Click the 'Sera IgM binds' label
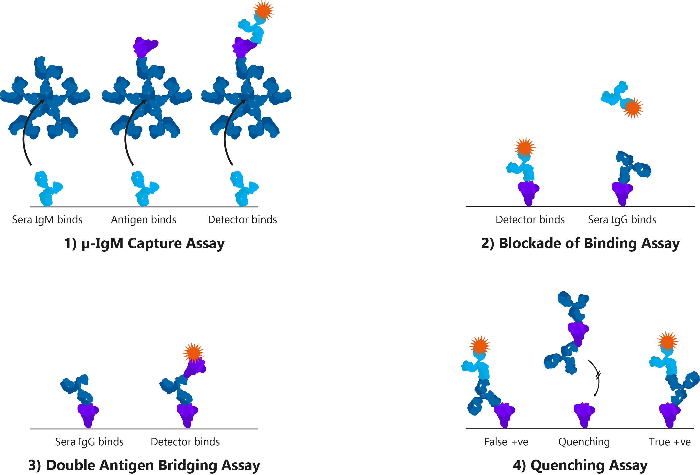coord(47,220)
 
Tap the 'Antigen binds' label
coord(144,220)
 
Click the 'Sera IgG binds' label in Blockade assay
coord(622,220)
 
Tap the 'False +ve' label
coord(506,442)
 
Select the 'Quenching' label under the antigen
coord(584,442)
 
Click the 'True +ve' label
coord(670,442)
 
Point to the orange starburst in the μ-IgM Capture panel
coord(263,11)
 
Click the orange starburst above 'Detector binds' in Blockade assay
coord(525,147)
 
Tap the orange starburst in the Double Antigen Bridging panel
coord(193,352)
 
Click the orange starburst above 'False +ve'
coord(480,346)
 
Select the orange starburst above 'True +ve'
coord(668,342)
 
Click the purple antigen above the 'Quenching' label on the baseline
coord(584,415)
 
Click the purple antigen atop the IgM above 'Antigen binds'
coord(145,47)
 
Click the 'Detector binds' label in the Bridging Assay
coord(185,442)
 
